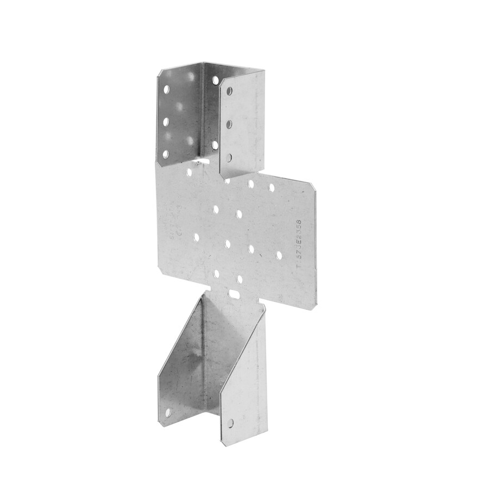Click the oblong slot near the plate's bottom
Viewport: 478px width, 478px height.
click(x=234, y=293)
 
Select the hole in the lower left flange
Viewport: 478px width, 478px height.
click(x=168, y=413)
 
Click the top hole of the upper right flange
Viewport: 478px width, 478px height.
click(x=229, y=91)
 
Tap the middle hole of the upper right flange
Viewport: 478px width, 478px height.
click(x=229, y=124)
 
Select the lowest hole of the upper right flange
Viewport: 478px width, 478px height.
click(x=229, y=158)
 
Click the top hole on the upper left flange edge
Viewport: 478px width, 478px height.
click(x=166, y=89)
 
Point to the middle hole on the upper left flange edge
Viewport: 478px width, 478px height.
click(x=166, y=122)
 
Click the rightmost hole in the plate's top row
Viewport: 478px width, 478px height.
click(x=271, y=187)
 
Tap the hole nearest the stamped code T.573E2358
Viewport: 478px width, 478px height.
click(x=279, y=255)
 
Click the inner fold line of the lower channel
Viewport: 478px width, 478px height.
click(x=203, y=353)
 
